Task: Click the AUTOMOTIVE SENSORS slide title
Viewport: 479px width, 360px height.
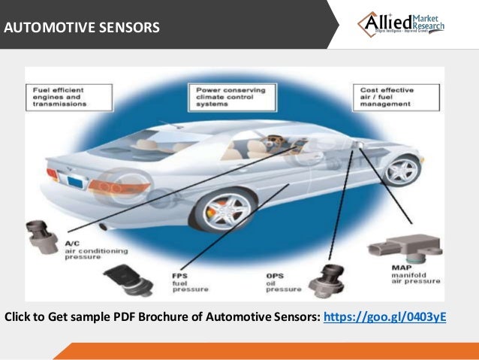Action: pos(82,29)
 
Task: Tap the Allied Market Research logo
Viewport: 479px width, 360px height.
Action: pos(400,24)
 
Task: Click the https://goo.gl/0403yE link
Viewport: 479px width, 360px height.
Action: pos(384,316)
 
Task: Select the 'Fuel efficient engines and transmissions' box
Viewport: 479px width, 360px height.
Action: pos(60,97)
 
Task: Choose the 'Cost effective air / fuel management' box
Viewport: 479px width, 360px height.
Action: pos(384,97)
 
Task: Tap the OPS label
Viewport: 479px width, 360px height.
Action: pos(273,276)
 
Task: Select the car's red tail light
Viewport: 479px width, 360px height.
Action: pos(53,174)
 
